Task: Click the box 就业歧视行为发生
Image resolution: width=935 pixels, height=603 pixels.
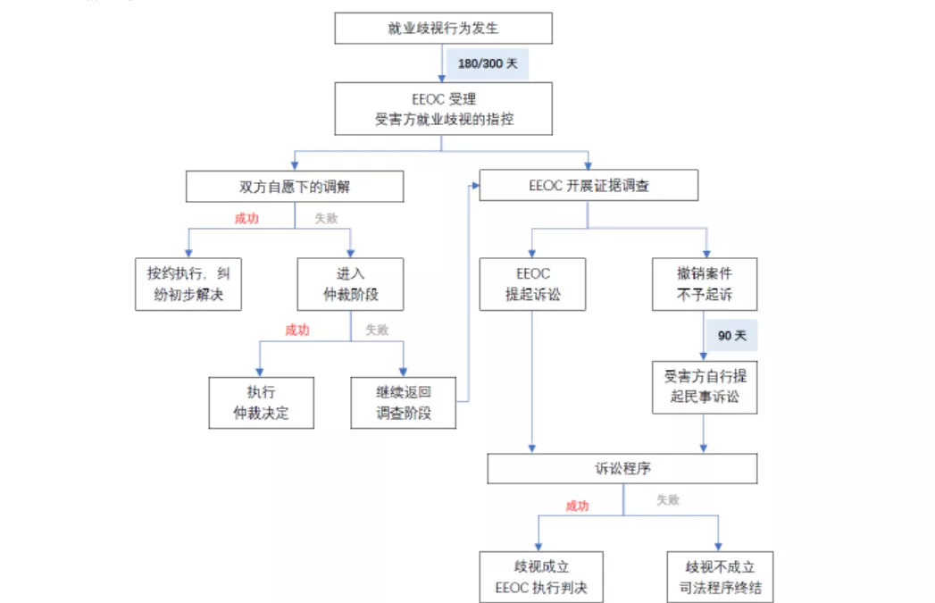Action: [443, 29]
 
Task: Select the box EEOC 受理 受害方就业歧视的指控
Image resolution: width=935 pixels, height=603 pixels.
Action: [444, 109]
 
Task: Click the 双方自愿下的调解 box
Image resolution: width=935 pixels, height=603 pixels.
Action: [294, 186]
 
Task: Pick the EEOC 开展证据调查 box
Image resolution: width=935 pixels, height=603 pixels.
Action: [589, 186]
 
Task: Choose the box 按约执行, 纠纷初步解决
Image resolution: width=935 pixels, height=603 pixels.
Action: [189, 284]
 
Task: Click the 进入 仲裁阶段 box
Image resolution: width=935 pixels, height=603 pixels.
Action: [350, 284]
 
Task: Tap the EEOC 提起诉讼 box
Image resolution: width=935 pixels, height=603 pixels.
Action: [532, 284]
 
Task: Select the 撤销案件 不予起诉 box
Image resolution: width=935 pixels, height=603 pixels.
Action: [705, 284]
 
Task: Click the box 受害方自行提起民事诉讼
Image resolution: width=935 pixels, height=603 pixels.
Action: [705, 387]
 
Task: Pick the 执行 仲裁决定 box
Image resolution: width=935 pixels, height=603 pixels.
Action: [262, 402]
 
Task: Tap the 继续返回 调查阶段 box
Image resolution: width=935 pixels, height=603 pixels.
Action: [404, 402]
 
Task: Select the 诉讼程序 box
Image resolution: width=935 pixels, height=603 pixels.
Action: [622, 469]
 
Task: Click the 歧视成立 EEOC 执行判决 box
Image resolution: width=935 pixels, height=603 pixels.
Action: [540, 577]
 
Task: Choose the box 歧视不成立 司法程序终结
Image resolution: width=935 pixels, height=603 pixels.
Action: [720, 577]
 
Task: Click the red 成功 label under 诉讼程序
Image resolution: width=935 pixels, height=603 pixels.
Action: [577, 506]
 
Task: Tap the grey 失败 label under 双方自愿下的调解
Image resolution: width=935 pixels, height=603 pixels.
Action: [327, 218]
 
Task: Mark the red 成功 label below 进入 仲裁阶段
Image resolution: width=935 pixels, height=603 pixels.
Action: [297, 331]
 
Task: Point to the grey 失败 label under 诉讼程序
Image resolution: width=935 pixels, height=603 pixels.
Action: [668, 500]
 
